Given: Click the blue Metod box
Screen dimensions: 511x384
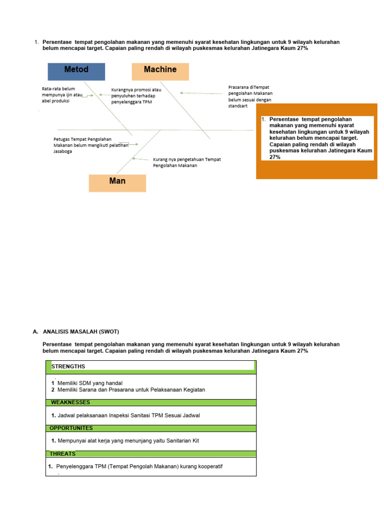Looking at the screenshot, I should tap(76, 71).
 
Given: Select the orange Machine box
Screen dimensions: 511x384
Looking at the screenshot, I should tap(160, 71).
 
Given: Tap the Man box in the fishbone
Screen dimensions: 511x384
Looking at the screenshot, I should tap(117, 183).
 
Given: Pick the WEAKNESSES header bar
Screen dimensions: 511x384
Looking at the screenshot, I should tap(151, 402).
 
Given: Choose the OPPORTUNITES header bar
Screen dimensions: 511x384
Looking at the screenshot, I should tap(151, 428).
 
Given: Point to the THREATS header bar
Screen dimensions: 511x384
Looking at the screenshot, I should tap(151, 454).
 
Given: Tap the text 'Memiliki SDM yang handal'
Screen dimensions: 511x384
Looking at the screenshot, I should tap(90, 383).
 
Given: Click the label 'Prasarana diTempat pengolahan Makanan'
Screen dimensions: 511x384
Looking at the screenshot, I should tap(250, 93).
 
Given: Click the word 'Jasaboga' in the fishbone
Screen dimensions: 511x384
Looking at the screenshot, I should tap(62, 151).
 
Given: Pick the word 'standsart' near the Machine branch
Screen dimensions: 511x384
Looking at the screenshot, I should tap(237, 106).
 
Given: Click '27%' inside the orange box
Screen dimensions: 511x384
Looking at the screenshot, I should tap(275, 157).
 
